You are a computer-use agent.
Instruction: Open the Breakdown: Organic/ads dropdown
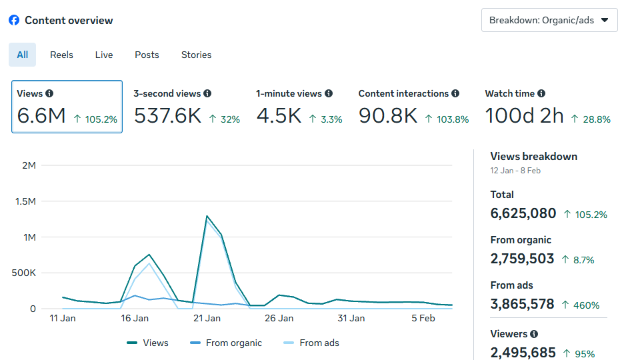[x=549, y=20]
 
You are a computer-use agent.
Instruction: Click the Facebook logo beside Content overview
[x=14, y=21]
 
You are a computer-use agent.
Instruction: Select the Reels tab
[x=61, y=55]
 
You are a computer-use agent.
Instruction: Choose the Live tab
[x=104, y=55]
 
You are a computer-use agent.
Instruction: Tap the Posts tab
[x=147, y=55]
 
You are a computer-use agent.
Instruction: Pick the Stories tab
[x=196, y=55]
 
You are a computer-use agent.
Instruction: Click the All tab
[x=22, y=55]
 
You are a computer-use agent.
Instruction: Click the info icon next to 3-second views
[x=207, y=94]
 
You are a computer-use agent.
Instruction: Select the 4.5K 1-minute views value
[x=279, y=116]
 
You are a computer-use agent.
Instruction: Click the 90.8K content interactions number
[x=387, y=116]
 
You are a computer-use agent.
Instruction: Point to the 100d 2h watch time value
[x=524, y=116]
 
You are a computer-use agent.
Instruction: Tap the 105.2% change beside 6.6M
[x=95, y=119]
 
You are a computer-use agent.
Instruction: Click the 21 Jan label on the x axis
[x=207, y=319]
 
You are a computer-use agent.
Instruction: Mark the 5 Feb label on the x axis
[x=423, y=319]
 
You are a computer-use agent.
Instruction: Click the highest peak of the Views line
[x=207, y=216]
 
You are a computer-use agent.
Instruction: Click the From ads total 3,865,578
[x=522, y=304]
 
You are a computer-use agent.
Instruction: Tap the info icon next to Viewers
[x=534, y=334]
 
